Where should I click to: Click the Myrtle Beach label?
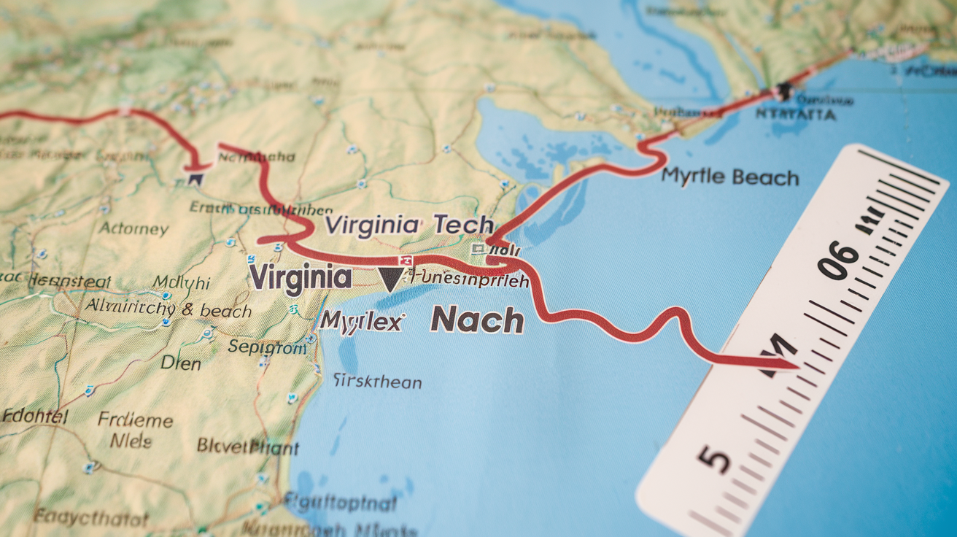[730, 177]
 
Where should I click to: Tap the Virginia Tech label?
[409, 225]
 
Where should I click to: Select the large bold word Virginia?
[300, 277]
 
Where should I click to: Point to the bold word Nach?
[477, 320]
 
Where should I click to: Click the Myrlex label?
[362, 320]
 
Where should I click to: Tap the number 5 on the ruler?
[714, 460]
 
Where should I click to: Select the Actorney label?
[133, 228]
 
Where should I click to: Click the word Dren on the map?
[180, 363]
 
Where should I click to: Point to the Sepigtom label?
[268, 347]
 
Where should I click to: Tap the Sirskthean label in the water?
[377, 381]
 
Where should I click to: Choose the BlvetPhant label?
[248, 446]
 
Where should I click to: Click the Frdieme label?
[136, 421]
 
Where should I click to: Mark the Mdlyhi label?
[182, 282]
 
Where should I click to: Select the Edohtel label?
[35, 417]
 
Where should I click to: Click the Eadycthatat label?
[91, 519]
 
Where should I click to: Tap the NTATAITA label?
[796, 115]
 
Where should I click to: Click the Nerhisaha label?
[257, 156]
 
